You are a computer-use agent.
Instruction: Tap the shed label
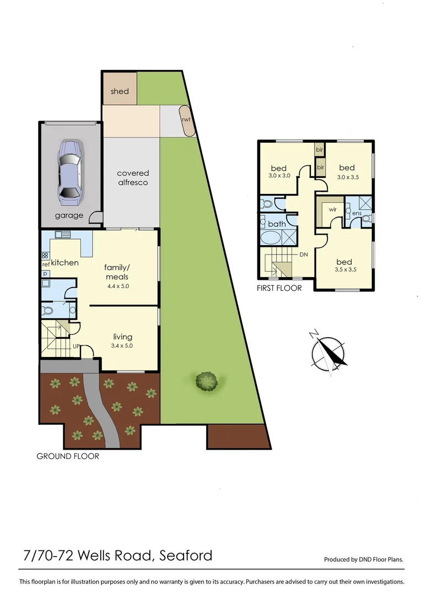click(120, 91)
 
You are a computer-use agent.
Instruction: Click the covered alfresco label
click(133, 177)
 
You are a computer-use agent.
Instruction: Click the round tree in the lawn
click(207, 381)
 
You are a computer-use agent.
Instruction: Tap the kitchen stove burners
click(45, 256)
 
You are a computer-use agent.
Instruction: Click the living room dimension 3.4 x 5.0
click(123, 346)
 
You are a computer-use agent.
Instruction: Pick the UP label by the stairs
click(77, 347)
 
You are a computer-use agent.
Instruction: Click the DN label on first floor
click(303, 255)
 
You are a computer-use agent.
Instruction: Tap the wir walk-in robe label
click(333, 210)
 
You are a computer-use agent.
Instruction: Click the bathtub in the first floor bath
click(270, 239)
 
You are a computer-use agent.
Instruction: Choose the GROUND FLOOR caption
click(68, 456)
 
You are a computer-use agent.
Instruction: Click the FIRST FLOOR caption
click(279, 288)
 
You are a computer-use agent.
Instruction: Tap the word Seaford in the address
click(186, 555)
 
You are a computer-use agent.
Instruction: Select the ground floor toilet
click(48, 311)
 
